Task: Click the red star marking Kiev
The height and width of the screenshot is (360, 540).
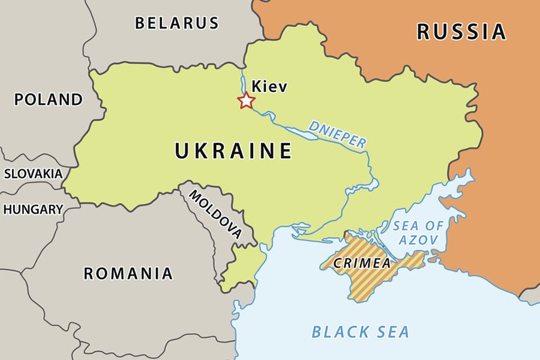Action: tap(246, 100)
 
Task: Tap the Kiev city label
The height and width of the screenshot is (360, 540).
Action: tap(269, 86)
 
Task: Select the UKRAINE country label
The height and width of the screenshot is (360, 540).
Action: tap(233, 151)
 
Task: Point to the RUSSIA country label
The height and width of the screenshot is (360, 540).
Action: tap(461, 31)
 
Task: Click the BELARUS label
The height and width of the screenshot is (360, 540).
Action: tap(177, 23)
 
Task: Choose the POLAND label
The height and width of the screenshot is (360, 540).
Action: tap(49, 99)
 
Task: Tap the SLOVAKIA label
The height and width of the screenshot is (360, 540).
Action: tap(33, 174)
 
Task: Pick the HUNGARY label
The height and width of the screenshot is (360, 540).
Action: tap(33, 209)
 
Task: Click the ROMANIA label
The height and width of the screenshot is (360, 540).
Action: tap(128, 274)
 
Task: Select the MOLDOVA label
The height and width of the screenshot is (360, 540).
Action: tap(216, 214)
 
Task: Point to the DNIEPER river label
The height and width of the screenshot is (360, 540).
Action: tap(337, 134)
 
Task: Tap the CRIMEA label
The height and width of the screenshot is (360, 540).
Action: tap(362, 263)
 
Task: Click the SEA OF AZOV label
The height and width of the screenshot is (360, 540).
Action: tap(419, 233)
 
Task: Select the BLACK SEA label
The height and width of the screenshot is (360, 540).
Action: tap(361, 331)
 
